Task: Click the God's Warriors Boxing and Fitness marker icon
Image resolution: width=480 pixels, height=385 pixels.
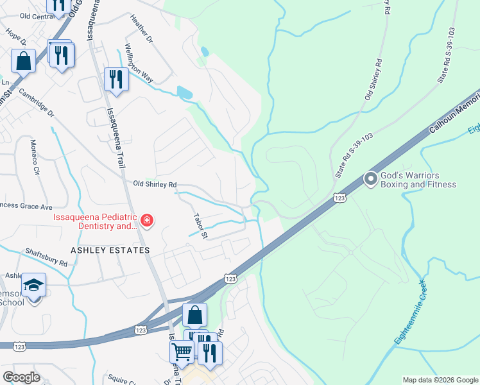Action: [370, 179]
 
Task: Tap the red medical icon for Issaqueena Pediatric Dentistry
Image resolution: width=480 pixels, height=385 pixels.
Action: [147, 221]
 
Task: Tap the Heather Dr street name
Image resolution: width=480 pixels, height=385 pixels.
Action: [142, 30]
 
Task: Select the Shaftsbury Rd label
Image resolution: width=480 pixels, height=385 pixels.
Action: [46, 258]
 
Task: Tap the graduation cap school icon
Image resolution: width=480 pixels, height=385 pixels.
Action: [33, 285]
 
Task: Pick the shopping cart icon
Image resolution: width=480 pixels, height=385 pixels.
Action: [182, 351]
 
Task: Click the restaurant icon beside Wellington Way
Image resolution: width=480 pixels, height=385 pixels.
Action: [116, 79]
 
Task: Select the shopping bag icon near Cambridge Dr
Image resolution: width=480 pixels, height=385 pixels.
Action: [23, 61]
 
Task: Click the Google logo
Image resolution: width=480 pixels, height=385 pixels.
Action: [21, 377]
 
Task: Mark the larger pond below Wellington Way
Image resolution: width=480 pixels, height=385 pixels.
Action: [184, 92]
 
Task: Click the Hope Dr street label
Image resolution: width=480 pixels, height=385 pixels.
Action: [14, 35]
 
